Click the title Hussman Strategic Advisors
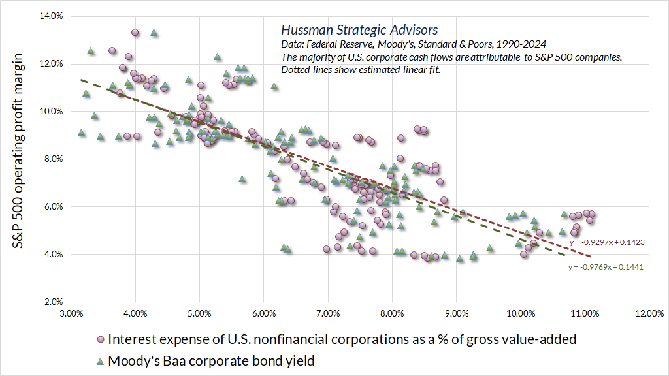[x=359, y=30]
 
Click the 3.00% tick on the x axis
[x=71, y=313]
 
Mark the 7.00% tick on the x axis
[x=327, y=313]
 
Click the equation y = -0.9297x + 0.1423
[x=607, y=242]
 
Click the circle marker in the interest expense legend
[x=100, y=339]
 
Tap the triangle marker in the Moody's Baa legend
[x=100, y=360]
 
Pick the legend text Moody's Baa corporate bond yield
[x=212, y=360]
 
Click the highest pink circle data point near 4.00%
[x=135, y=32]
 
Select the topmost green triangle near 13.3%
[x=154, y=32]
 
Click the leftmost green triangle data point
[x=81, y=133]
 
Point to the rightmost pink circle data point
[x=591, y=213]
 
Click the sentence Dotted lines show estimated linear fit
[x=361, y=69]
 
